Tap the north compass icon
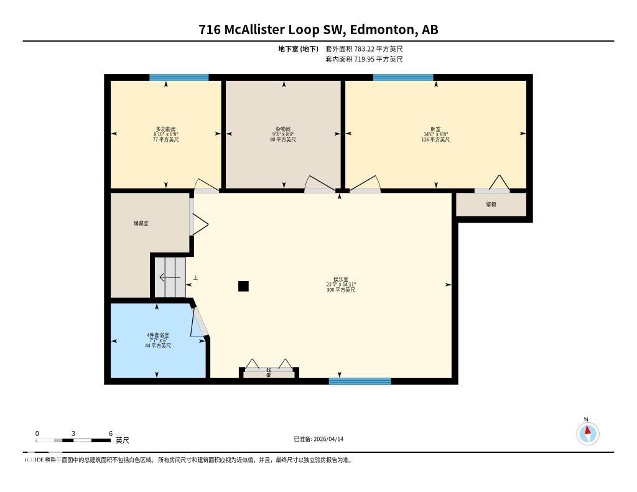coord(587,433)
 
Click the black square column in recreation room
coord(243,286)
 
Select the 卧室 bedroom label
coord(435,129)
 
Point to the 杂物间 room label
coord(282,129)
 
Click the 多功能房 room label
coord(165,129)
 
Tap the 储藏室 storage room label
coord(141,223)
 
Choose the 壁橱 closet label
coord(491,205)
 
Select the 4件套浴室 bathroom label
coord(157,336)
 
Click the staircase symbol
coord(170,277)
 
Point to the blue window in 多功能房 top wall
coord(179,78)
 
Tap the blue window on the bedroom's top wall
coord(402,78)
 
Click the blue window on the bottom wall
coord(360,381)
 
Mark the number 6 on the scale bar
coord(110,434)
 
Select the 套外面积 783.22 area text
coord(363,49)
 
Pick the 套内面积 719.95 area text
coord(363,59)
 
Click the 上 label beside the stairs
coord(195,278)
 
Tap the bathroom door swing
coord(200,322)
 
